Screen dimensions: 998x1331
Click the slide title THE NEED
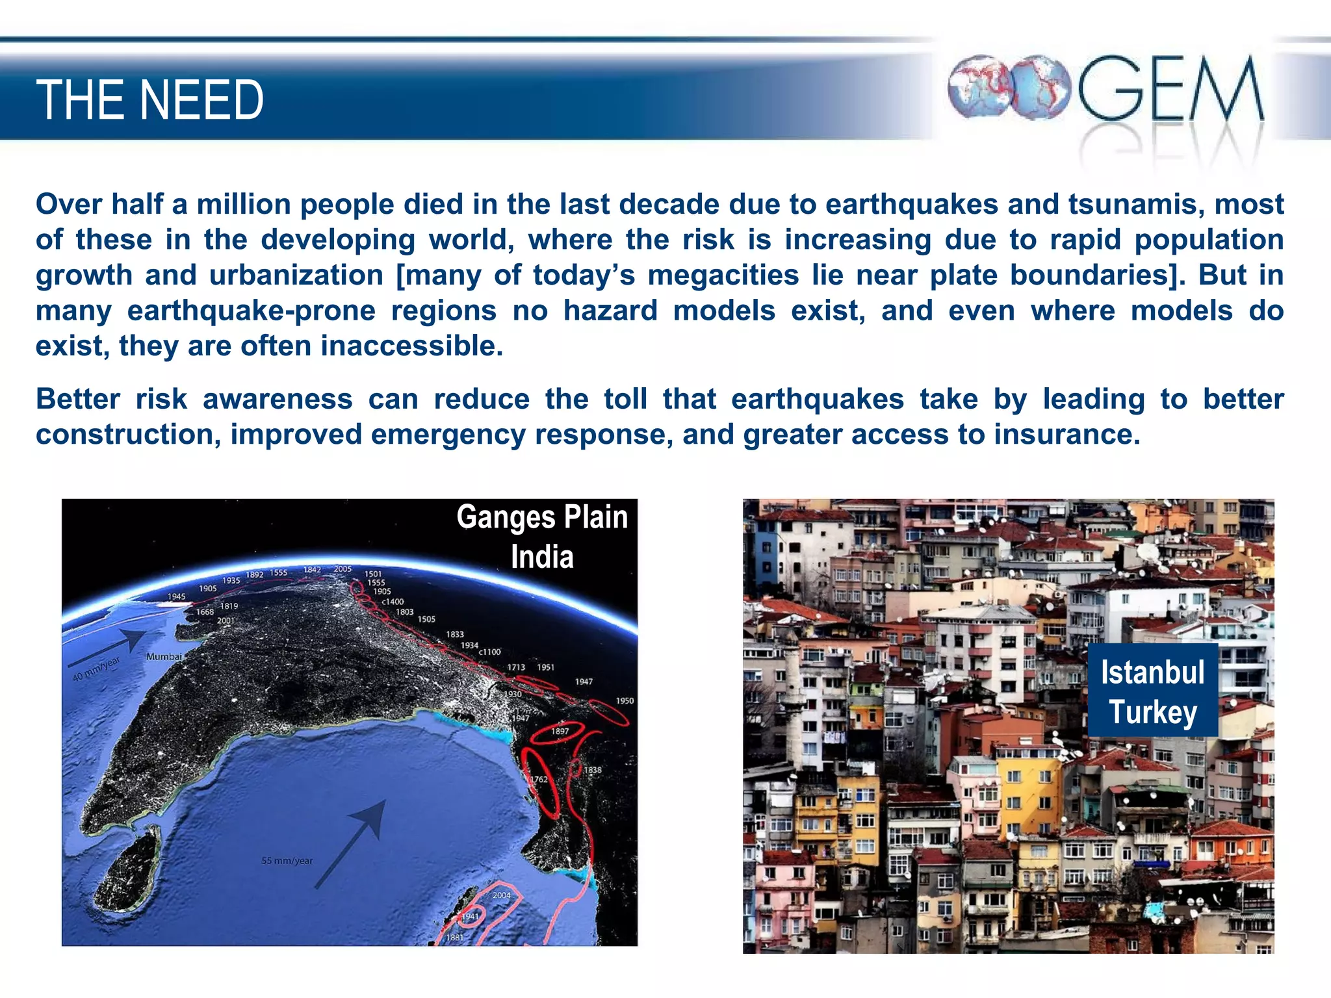tap(149, 100)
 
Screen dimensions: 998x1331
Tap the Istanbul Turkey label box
tap(1152, 691)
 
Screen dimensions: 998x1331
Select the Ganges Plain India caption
tap(542, 537)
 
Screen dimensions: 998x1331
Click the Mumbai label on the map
tap(164, 657)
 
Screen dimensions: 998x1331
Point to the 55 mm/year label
tap(287, 861)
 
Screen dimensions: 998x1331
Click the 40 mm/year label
tap(96, 669)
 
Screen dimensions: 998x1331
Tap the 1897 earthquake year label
tap(560, 732)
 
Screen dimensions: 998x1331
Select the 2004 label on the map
tap(501, 895)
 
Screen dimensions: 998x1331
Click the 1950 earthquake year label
tap(625, 701)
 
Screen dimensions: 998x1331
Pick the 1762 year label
tap(539, 779)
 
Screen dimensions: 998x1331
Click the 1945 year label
tap(176, 596)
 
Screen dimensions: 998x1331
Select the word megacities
tap(723, 275)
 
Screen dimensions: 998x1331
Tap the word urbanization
tap(296, 275)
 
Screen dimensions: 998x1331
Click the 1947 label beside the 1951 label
tap(584, 682)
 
